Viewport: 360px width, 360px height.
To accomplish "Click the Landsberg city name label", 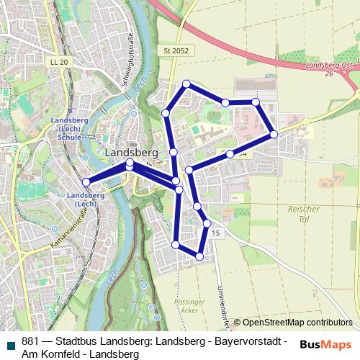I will point(132,153).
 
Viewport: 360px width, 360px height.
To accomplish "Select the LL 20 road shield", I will point(59,63).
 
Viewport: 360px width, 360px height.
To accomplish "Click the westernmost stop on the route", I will point(86,182).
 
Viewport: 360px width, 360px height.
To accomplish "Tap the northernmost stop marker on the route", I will point(186,84).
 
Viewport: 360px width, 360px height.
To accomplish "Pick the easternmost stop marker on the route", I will point(274,134).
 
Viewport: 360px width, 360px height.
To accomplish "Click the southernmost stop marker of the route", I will point(199,256).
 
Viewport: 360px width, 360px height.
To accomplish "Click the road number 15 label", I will point(215,235).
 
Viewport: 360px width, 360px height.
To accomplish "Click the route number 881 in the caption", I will point(31,341).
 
